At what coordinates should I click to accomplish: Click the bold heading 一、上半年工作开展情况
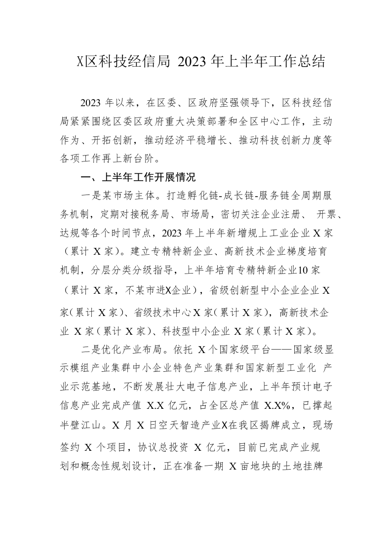[139, 177]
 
